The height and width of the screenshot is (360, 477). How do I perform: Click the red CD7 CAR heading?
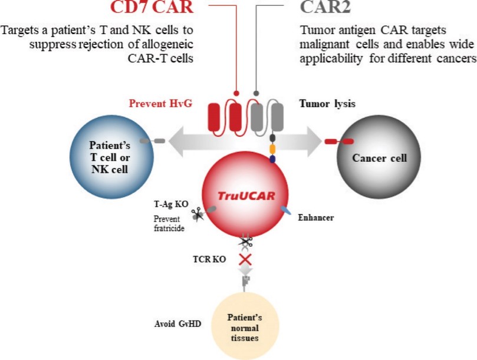pos(152,7)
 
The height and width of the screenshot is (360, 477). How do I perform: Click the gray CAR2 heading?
pos(325,7)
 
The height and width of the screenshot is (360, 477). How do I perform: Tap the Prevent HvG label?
pos(160,103)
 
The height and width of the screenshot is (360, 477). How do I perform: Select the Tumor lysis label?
pos(327,104)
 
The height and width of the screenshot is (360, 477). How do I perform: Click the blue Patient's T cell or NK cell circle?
pos(111,157)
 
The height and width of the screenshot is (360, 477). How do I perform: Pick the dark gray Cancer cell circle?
pos(379,157)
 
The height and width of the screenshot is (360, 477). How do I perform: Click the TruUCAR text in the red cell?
pos(246,196)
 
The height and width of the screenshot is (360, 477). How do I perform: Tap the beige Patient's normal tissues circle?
pos(245,326)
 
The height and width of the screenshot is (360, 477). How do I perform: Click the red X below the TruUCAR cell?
pos(245,260)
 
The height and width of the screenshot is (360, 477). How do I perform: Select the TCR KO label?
pos(209,259)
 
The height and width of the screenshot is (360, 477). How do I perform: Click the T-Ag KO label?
pos(171,204)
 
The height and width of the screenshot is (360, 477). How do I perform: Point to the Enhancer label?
pos(316,217)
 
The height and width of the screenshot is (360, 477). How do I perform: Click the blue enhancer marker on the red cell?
pos(285,210)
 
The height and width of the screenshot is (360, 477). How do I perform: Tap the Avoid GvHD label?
pos(177,324)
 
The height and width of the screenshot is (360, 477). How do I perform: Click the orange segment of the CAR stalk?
pos(272,149)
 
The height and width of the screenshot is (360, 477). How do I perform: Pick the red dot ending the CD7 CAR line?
pos(236,93)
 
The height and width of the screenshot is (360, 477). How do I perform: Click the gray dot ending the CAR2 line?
pos(256,93)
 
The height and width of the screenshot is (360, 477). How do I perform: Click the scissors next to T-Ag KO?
pos(198,214)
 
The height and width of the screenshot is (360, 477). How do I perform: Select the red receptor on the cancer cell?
pos(339,141)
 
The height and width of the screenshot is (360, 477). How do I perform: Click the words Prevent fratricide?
pos(169,223)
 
